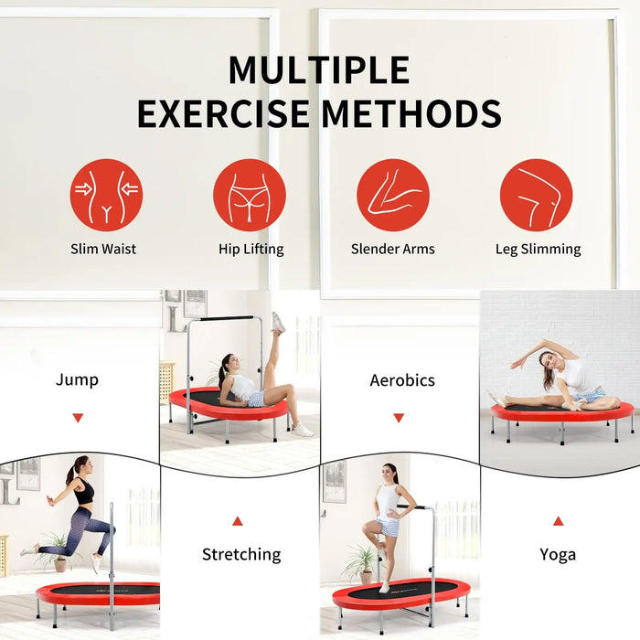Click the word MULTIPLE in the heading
[x=319, y=69]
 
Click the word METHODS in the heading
[x=411, y=113]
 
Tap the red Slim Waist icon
[x=107, y=195]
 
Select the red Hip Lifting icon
[x=250, y=195]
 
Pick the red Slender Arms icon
[x=393, y=195]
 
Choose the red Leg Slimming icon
[x=537, y=195]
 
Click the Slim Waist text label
[x=103, y=249]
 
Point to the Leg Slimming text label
[x=539, y=250]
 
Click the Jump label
[x=77, y=380]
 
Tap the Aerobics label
[x=402, y=380]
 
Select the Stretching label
[x=241, y=555]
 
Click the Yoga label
[x=558, y=555]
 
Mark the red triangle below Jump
[x=78, y=418]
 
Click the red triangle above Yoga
[x=559, y=521]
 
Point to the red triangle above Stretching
[x=238, y=521]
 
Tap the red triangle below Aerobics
[x=399, y=418]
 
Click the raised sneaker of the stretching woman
[x=278, y=322]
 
